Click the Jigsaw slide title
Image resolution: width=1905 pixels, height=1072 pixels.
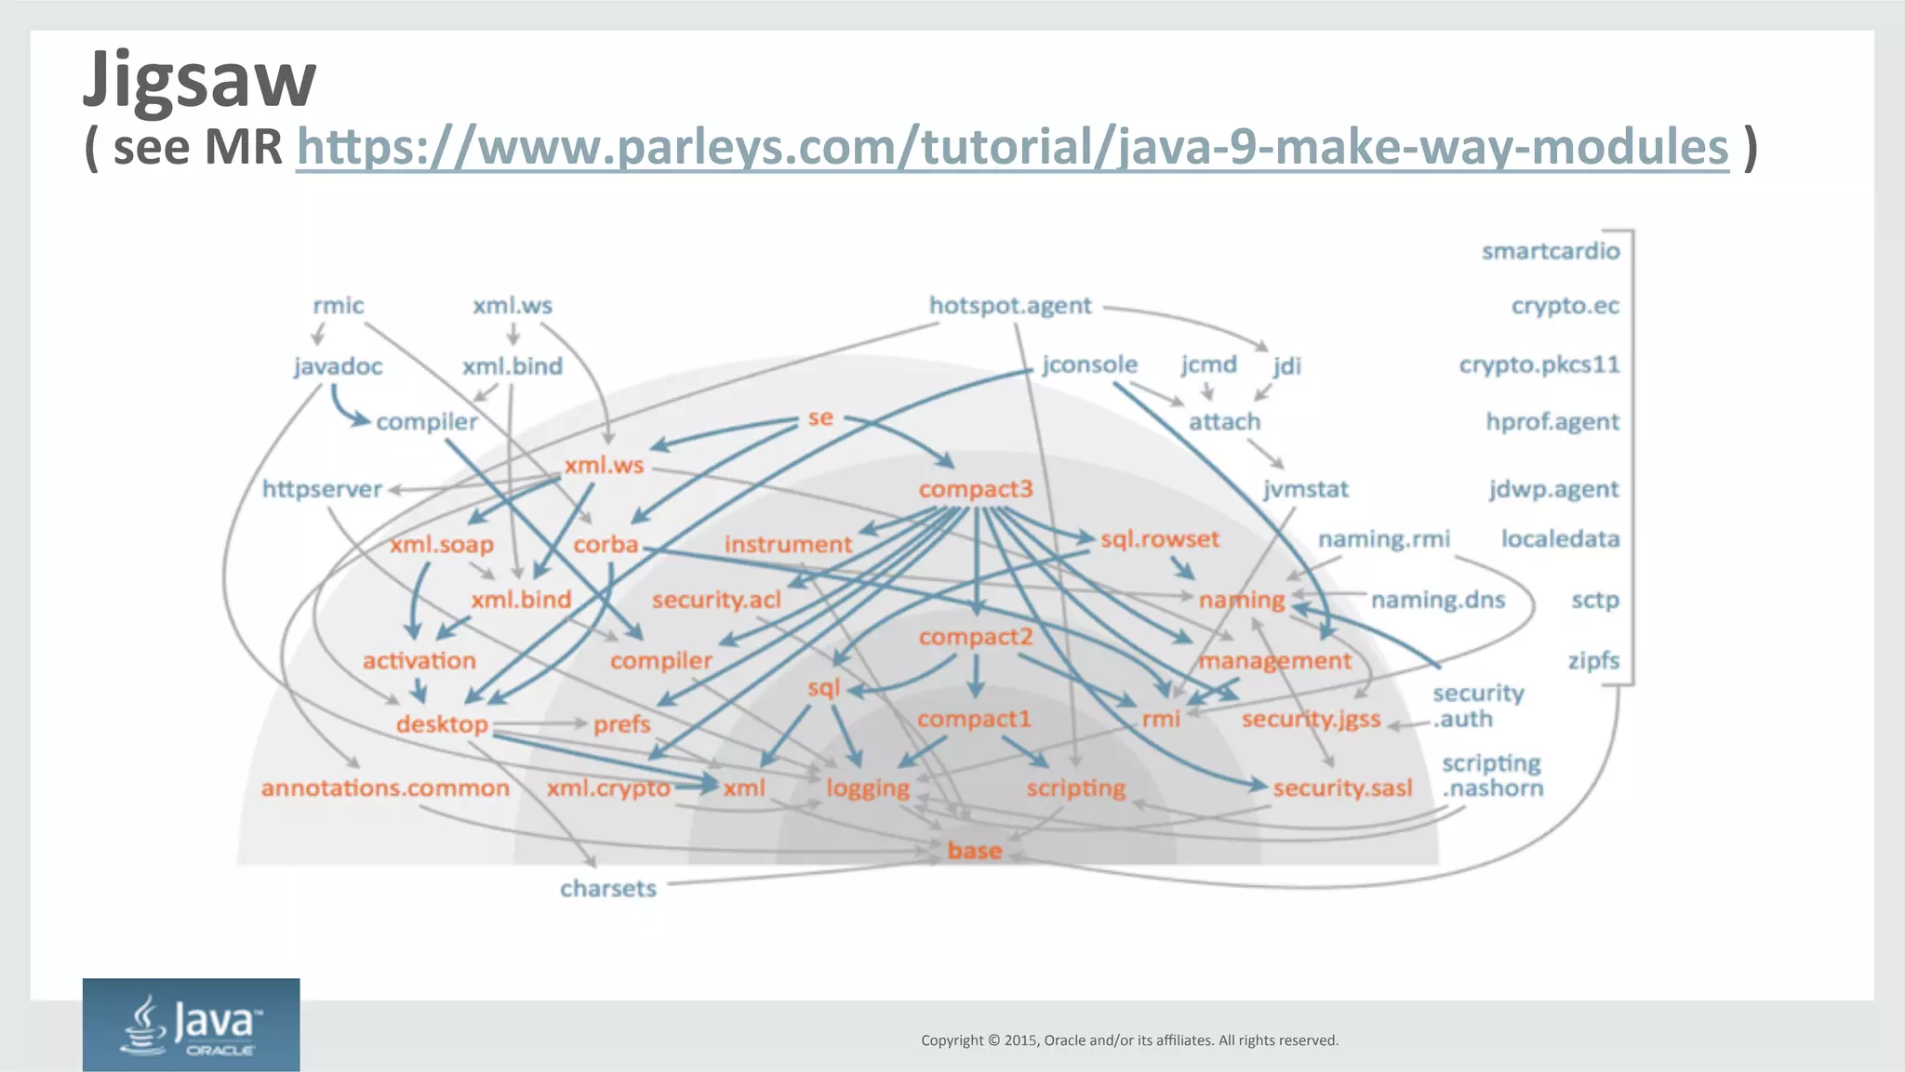coord(200,81)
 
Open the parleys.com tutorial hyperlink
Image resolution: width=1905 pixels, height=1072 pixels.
coord(1012,148)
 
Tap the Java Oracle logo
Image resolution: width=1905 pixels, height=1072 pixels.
coord(191,1025)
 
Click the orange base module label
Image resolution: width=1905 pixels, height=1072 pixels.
coord(974,851)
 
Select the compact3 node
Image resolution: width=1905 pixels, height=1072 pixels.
coord(976,489)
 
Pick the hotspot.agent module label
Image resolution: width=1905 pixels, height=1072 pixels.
coord(1010,306)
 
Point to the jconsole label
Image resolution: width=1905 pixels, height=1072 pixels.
coord(1089,364)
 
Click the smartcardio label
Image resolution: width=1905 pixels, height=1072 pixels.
coord(1550,251)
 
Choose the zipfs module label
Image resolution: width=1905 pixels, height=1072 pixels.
coord(1593,660)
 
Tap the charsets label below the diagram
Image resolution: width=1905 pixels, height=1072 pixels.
coord(607,889)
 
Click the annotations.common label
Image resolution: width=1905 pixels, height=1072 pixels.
coord(385,788)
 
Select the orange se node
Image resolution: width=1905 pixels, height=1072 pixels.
coord(820,418)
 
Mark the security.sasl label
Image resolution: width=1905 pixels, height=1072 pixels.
coord(1342,788)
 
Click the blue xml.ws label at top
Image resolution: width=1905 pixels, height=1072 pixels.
coord(512,306)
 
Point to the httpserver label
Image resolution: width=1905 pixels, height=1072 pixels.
coord(322,489)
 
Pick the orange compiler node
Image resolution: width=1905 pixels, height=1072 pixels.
coord(660,661)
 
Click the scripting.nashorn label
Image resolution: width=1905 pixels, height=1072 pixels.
coord(1492,775)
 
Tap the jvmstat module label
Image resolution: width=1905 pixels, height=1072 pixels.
coord(1305,489)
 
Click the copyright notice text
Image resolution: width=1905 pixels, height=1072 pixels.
coord(1129,1040)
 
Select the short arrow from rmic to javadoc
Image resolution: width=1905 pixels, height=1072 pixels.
coord(318,334)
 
